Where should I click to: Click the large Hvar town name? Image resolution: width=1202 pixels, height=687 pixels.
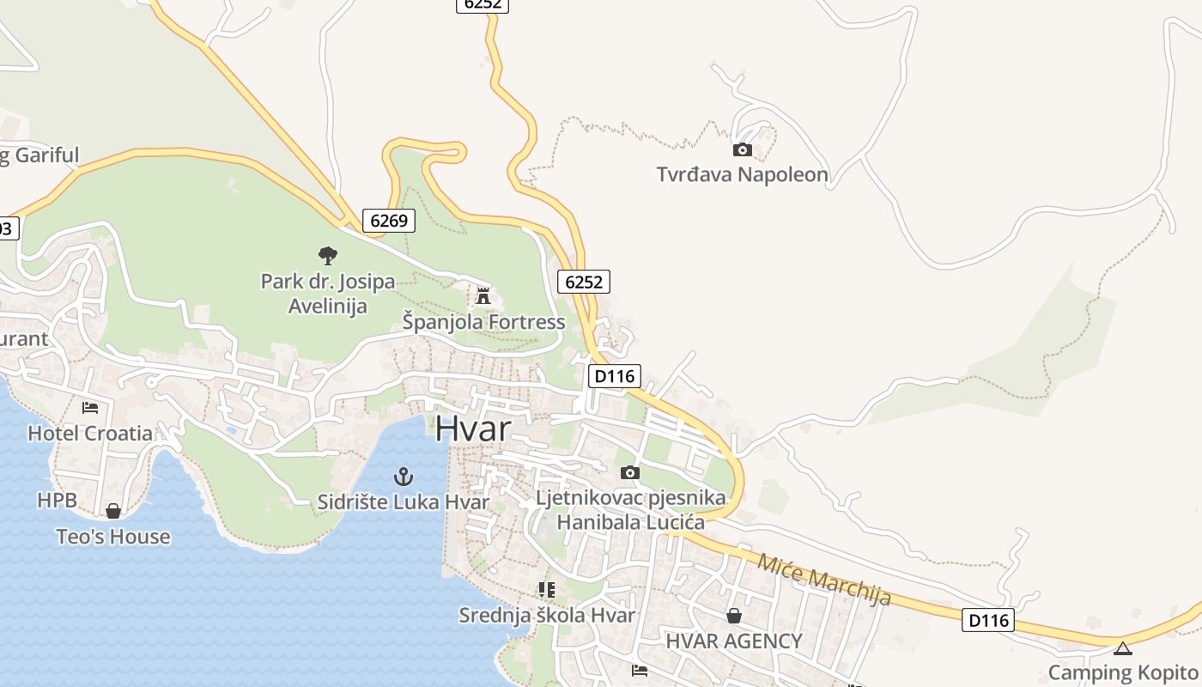tap(473, 429)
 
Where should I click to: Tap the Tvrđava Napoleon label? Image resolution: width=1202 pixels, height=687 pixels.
tap(742, 175)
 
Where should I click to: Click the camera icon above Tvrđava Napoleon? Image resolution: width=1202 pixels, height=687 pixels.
tap(743, 150)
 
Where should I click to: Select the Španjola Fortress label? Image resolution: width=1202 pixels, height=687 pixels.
tap(483, 322)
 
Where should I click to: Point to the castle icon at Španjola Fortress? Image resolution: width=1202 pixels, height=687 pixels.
tap(483, 296)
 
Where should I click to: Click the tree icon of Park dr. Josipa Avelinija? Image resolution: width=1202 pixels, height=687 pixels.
tap(327, 255)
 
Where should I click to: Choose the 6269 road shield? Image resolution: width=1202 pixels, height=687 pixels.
tap(388, 221)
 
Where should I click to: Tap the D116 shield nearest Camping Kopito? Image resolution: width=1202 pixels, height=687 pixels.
tap(988, 620)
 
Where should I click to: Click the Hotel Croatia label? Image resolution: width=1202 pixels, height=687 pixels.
tap(90, 433)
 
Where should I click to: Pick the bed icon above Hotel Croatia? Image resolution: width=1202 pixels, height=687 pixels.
tap(90, 407)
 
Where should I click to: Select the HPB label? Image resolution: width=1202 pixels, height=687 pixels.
tap(57, 500)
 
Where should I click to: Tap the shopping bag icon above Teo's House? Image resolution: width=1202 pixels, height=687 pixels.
tap(113, 512)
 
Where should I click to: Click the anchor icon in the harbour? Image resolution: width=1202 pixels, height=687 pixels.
tap(403, 477)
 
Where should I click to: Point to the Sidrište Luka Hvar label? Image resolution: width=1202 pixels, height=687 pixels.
tap(403, 502)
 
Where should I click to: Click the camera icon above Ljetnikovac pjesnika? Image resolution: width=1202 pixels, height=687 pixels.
tap(629, 472)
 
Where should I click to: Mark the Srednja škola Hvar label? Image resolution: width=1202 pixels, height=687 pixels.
tap(547, 615)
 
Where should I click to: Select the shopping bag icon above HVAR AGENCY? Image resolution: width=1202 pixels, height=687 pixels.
tap(734, 615)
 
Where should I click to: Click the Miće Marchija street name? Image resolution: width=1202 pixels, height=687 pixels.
tap(823, 579)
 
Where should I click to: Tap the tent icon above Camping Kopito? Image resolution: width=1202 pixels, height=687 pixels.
tap(1123, 648)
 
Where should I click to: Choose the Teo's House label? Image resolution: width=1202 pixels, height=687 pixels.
tap(113, 537)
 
